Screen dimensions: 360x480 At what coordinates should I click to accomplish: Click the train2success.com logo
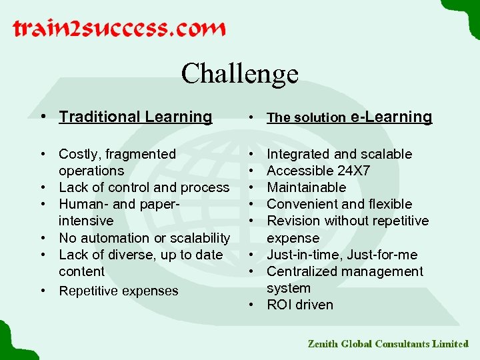(119, 29)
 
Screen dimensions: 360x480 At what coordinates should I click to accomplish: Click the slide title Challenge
(239, 73)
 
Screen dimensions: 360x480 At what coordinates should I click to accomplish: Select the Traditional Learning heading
(135, 117)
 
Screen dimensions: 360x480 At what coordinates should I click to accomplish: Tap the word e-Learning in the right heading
(391, 117)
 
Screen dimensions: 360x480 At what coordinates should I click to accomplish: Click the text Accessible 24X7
(318, 171)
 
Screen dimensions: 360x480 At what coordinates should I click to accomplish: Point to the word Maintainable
(306, 187)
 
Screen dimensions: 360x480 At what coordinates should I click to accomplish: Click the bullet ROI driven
(299, 305)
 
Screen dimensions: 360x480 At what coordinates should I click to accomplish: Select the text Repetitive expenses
(119, 291)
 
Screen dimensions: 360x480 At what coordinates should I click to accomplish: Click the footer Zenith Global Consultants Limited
(388, 344)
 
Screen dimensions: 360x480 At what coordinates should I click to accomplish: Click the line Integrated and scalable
(339, 154)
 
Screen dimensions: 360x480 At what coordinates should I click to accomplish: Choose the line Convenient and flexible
(339, 204)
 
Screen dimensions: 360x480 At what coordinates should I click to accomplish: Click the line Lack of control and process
(144, 187)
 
